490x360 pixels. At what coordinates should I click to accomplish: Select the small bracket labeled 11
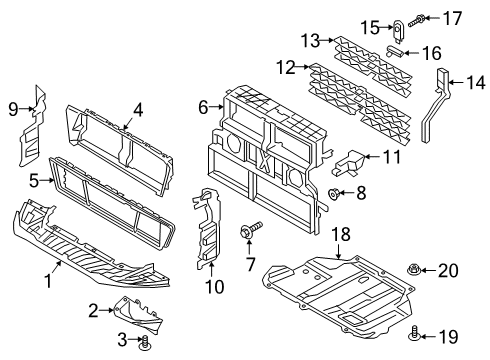(353, 160)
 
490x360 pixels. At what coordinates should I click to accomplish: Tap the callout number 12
(286, 67)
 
